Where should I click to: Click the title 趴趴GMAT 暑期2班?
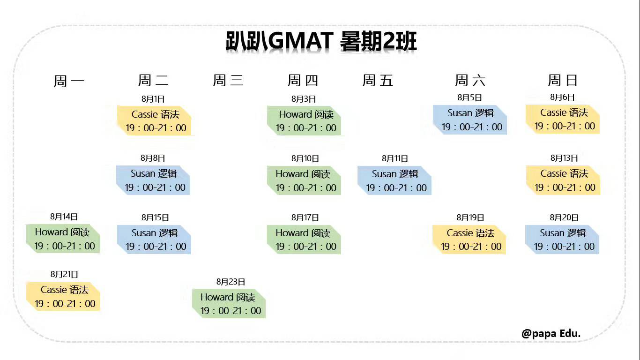click(320, 42)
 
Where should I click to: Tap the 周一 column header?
click(69, 81)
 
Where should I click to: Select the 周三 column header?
click(228, 80)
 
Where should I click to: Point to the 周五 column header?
click(378, 80)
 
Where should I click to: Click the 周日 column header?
click(563, 80)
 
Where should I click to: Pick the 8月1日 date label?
click(153, 99)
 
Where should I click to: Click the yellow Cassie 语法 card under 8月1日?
click(155, 121)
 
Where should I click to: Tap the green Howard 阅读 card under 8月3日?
click(305, 121)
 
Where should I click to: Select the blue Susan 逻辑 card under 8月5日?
click(470, 120)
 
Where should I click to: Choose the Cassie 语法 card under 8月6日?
click(563, 119)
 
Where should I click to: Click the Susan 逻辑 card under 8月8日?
click(154, 180)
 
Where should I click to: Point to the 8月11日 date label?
click(395, 158)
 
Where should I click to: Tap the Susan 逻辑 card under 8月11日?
click(394, 181)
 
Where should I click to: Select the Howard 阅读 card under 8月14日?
click(63, 239)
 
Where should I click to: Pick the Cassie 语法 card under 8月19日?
click(469, 240)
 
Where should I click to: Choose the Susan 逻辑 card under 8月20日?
click(562, 240)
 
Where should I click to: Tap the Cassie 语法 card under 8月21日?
click(64, 296)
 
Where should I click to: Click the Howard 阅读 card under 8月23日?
click(229, 304)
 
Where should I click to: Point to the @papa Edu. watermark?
click(551, 334)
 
